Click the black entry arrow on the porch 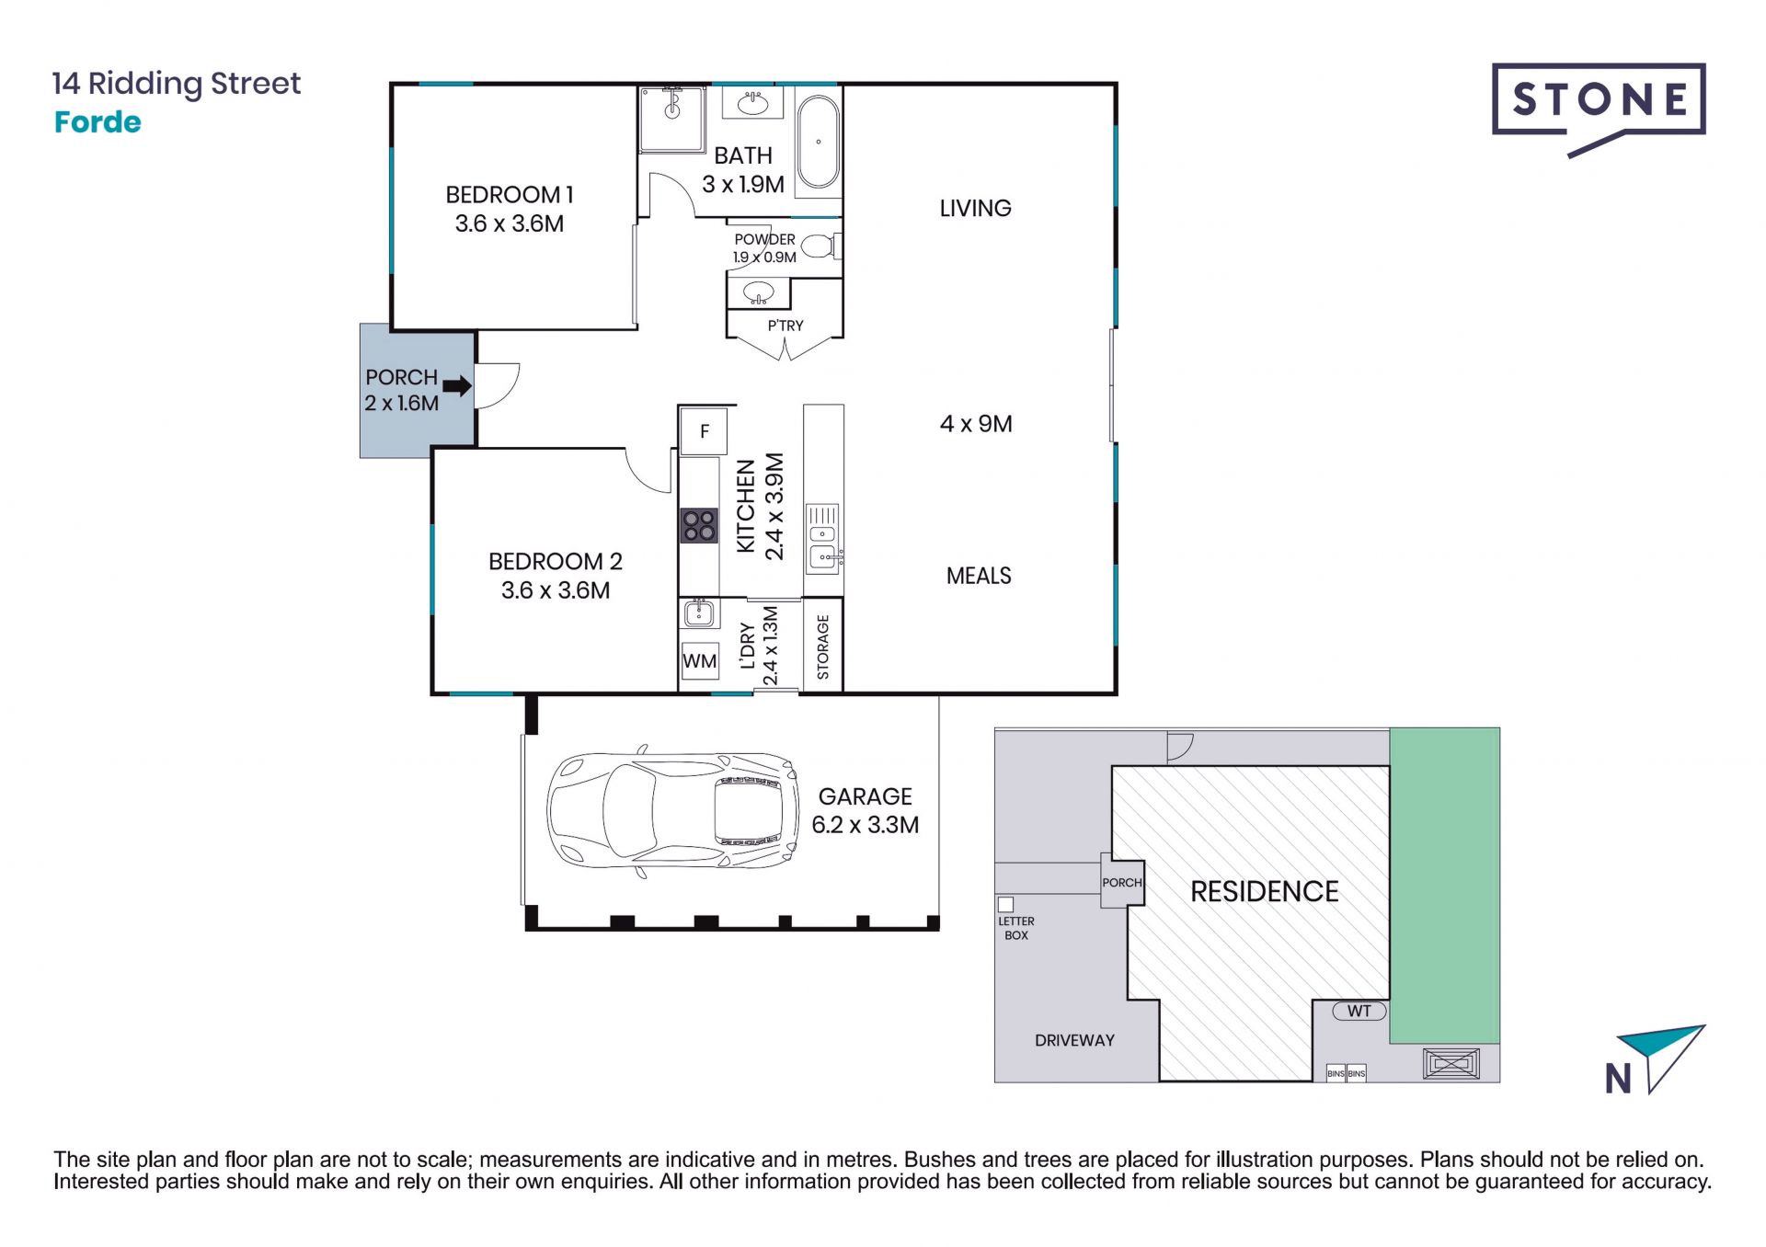(457, 386)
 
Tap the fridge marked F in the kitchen (704, 431)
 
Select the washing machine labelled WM (700, 661)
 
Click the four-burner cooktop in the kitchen (699, 526)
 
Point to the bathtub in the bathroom (818, 142)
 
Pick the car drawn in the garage (672, 811)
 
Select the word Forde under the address (97, 122)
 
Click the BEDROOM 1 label (510, 195)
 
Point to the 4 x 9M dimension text (976, 424)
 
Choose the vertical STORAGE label (823, 646)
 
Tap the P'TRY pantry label (786, 326)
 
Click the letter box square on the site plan (1006, 905)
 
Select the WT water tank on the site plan (1359, 1012)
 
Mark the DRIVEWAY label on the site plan (1074, 1040)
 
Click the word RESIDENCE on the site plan (1265, 891)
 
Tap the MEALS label (979, 576)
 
